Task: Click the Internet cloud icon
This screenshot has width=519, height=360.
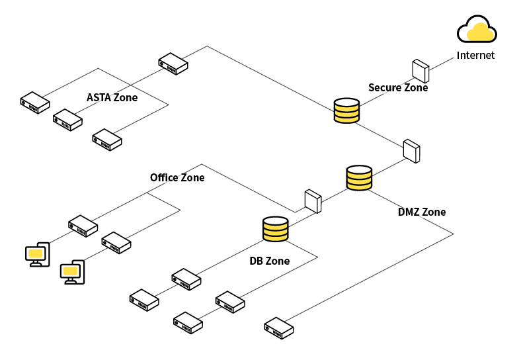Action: click(477, 29)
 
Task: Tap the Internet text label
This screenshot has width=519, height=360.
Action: click(475, 55)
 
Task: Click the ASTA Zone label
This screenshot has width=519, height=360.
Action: click(112, 97)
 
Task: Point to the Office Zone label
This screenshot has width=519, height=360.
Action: click(177, 177)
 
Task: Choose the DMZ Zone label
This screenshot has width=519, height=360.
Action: click(422, 212)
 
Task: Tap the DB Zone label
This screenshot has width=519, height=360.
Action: click(270, 261)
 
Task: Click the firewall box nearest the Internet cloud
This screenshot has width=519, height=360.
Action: click(420, 71)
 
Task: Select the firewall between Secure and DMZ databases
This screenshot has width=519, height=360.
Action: click(411, 151)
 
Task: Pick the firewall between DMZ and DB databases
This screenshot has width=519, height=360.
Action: click(313, 201)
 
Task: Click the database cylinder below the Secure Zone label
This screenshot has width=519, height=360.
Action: click(346, 111)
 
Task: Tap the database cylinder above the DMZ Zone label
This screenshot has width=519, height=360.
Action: click(359, 178)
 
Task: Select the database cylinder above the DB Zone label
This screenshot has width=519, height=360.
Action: click(276, 229)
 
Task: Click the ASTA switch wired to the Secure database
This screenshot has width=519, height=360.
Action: click(173, 64)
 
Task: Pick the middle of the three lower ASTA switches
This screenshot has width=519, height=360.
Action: click(67, 120)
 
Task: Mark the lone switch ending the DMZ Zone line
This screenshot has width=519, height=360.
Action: click(279, 328)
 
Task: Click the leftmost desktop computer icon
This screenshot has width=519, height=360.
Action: click(38, 254)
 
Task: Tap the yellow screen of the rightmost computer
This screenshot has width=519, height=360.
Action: click(70, 271)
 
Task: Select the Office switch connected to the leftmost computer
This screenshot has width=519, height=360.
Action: click(83, 226)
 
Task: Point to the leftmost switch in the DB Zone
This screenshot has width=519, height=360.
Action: click(144, 300)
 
